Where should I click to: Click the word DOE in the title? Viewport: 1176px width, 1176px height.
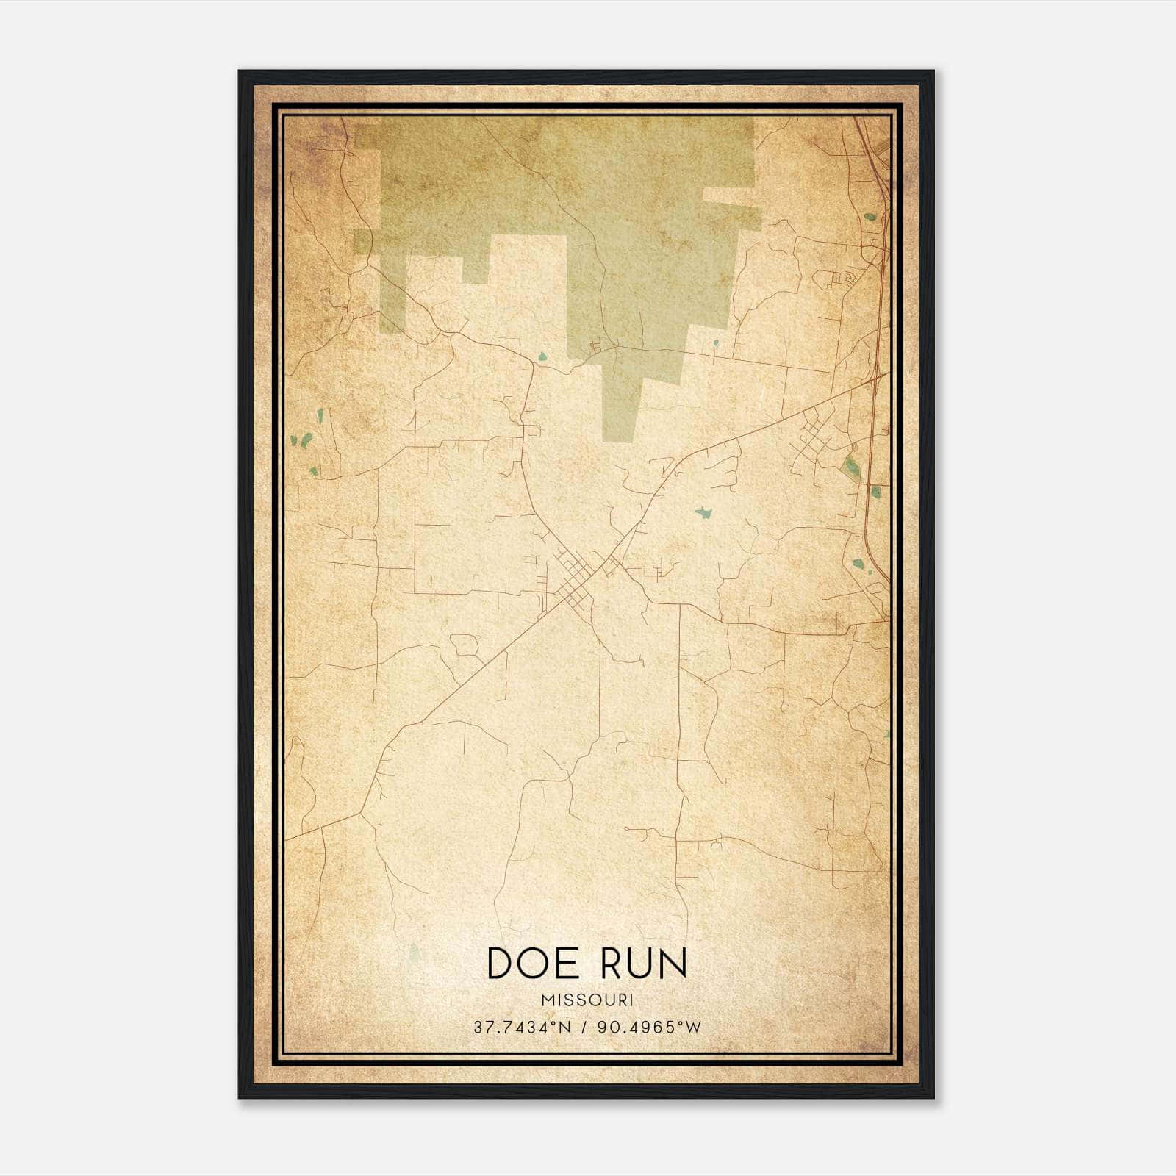533,963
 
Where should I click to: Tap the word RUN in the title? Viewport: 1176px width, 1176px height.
644,963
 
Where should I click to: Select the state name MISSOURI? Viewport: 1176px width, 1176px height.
587,1000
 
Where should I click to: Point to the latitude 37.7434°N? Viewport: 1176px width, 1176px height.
521,1027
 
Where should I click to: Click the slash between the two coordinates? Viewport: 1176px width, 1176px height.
583,1027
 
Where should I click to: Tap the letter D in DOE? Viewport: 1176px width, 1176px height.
501,963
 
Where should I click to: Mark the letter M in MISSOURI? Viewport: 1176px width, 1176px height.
545,1000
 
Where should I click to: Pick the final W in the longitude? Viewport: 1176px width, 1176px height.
695,1027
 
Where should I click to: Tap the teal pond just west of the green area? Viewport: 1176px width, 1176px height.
542,357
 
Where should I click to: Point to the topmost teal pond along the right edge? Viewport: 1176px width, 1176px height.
871,217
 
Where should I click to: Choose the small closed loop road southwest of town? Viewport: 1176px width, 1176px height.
465,645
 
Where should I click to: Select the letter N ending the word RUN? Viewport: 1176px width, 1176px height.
673,963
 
